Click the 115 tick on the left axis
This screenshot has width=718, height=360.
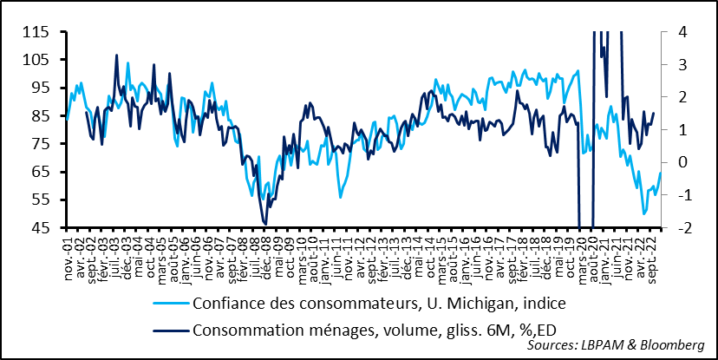37,32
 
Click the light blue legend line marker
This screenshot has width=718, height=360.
170,304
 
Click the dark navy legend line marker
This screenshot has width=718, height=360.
170,330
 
